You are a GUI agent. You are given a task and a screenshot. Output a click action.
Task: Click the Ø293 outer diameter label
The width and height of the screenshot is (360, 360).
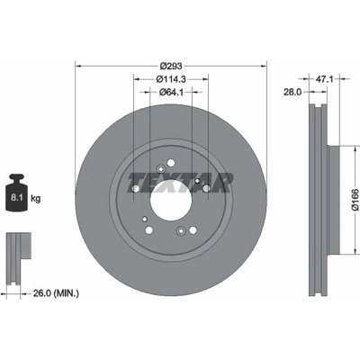click(x=171, y=66)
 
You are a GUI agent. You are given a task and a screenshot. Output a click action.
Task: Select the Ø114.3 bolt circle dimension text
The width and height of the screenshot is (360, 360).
click(x=171, y=79)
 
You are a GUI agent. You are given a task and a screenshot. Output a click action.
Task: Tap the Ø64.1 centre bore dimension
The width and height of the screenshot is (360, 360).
click(x=171, y=92)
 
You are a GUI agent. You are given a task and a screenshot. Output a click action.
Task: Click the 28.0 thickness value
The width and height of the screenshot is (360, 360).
click(x=292, y=92)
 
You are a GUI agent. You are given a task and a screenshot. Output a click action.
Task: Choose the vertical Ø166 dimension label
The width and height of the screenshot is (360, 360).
click(x=355, y=200)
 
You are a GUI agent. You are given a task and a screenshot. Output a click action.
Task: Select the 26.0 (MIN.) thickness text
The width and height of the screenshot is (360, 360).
click(x=56, y=293)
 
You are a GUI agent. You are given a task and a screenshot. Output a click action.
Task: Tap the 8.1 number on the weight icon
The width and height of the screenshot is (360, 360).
click(x=15, y=198)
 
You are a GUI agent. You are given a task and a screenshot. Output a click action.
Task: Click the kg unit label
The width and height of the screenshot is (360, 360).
click(x=36, y=198)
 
